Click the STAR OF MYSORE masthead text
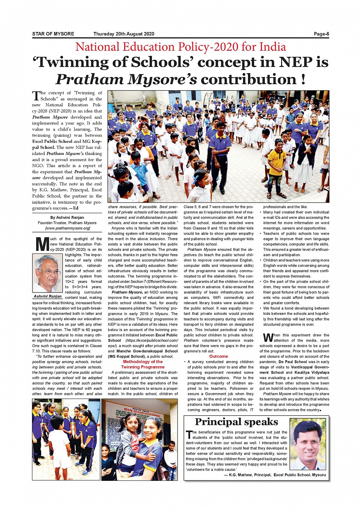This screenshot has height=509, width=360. pyautogui.click(x=53, y=34)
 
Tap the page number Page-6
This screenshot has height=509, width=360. pyautogui.click(x=321, y=34)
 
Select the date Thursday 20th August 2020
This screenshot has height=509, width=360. pyautogui.click(x=124, y=34)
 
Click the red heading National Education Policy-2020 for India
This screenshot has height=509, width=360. pyautogui.click(x=181, y=47)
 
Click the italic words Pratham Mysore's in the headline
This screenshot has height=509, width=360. pyautogui.click(x=126, y=79)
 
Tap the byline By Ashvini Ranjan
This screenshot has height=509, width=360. pyautogui.click(x=67, y=217)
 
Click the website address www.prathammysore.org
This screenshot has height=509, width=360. pyautogui.click(x=67, y=228)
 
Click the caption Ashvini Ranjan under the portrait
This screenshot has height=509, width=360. pyautogui.click(x=48, y=296)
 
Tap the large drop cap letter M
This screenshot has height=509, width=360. pyautogui.click(x=41, y=244)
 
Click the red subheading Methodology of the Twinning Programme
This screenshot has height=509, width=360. pyautogui.click(x=142, y=364)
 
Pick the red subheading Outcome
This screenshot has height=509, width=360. pyautogui.click(x=218, y=356)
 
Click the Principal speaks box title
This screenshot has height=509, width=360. pyautogui.click(x=236, y=422)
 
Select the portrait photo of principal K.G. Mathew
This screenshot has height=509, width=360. pyautogui.click(x=307, y=444)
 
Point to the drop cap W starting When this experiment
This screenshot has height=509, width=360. pyautogui.click(x=268, y=338)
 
